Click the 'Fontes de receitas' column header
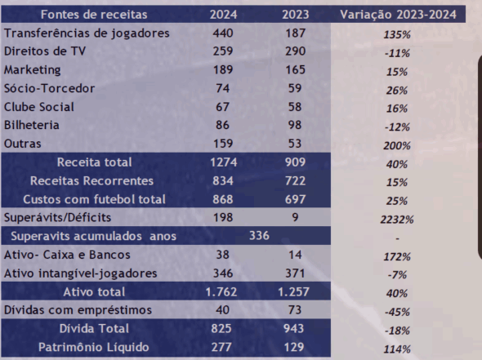(94, 15)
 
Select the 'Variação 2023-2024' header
(398, 15)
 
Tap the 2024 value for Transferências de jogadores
(223, 33)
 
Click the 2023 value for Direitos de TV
(295, 51)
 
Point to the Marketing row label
(33, 70)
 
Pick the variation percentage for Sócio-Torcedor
(397, 91)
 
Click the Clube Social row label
(39, 107)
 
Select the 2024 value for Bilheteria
(222, 125)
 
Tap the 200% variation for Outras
(397, 145)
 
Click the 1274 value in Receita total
(224, 162)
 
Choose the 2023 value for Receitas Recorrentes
(295, 180)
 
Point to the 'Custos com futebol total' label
(95, 199)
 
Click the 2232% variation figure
(397, 220)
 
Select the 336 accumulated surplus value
(259, 236)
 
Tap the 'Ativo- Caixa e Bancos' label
(67, 255)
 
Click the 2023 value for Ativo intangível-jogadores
(295, 273)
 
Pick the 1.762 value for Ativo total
(221, 291)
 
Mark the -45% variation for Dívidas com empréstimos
(397, 312)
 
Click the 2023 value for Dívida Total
(293, 328)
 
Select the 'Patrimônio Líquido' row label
(94, 347)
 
